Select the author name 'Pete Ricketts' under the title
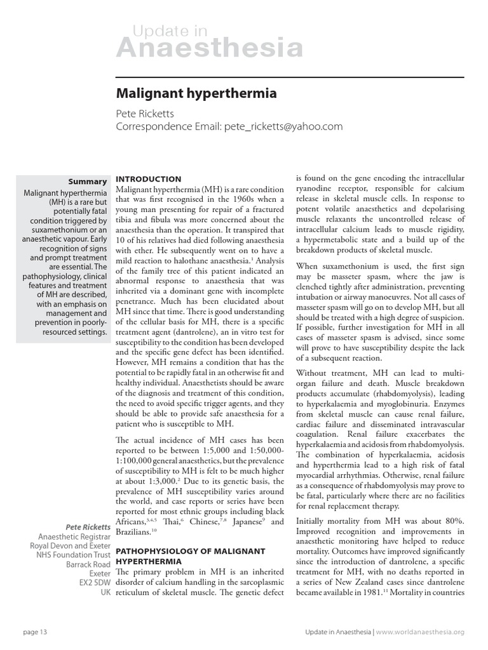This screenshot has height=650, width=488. pos(145,113)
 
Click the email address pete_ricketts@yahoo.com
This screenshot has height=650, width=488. pos(283,126)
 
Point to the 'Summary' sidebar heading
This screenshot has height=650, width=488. pos(88,182)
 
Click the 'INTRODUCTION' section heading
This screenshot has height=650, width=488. pos(148,179)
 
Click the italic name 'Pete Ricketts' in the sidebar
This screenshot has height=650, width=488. pos(88,527)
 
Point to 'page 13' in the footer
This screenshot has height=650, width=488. pos(34,632)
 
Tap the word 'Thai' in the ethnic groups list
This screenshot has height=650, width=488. pos(172,521)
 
